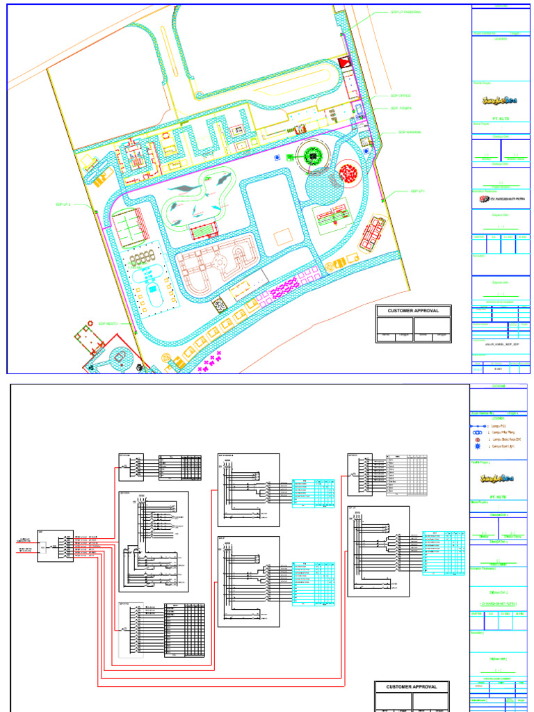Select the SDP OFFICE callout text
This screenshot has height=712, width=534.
click(x=401, y=96)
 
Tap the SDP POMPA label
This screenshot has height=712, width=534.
click(x=401, y=108)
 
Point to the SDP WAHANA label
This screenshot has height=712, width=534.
click(x=410, y=132)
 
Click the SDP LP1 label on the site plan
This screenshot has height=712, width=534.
click(x=417, y=191)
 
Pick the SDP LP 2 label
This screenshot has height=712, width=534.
click(x=64, y=204)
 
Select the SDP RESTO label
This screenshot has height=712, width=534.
click(x=109, y=323)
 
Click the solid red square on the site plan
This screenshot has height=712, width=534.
click(x=343, y=63)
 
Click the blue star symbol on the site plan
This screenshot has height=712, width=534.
click(x=278, y=158)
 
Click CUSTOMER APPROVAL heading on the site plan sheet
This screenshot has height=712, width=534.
click(x=414, y=311)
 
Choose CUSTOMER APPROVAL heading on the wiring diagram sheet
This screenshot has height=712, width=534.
click(x=414, y=687)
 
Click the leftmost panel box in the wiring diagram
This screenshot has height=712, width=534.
click(x=55, y=546)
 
